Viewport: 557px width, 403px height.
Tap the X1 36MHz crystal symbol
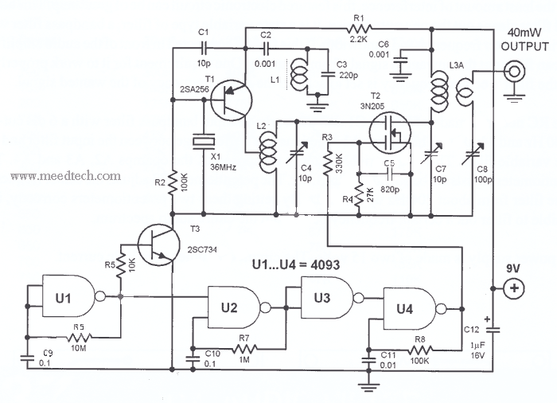(x=204, y=141)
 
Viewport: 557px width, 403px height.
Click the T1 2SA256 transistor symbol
(x=232, y=100)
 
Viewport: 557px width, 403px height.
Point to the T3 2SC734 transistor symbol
(x=158, y=246)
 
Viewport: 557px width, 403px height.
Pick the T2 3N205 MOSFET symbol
(x=390, y=133)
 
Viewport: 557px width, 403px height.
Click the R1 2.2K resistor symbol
(x=360, y=28)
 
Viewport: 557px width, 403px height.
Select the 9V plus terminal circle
(x=514, y=288)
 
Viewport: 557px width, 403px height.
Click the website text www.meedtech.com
(x=66, y=176)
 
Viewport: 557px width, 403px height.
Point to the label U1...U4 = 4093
(x=295, y=264)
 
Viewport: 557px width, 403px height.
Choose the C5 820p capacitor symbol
(x=389, y=174)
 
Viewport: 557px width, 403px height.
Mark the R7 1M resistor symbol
(x=244, y=349)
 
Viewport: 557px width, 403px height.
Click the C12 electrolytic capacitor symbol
(x=493, y=330)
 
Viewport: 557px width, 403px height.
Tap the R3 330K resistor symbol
(x=328, y=162)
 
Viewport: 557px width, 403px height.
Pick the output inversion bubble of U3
(x=359, y=298)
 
